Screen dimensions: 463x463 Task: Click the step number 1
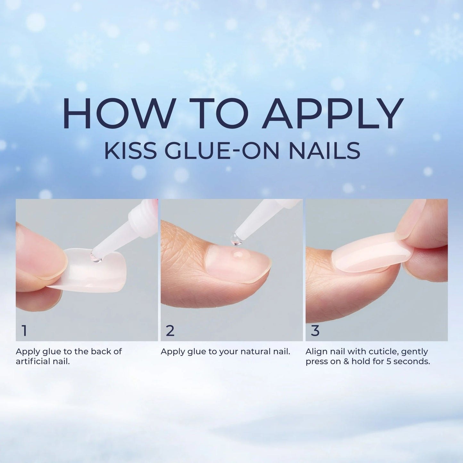click(x=24, y=331)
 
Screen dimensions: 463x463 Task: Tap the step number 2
click(x=170, y=331)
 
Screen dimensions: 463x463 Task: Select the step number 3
click(x=315, y=331)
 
